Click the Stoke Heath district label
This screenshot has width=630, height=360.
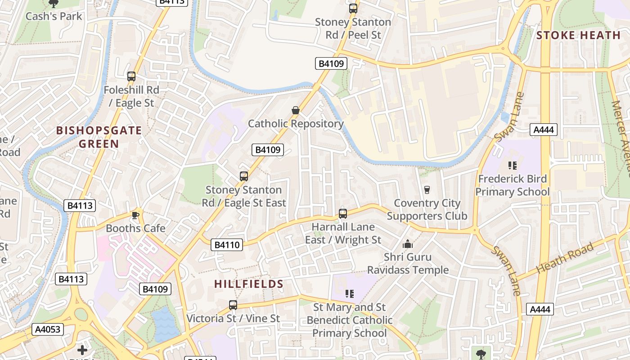578,35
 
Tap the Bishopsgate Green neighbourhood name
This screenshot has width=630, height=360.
99,137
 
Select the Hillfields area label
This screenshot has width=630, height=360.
248,284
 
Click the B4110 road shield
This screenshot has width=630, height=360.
227,245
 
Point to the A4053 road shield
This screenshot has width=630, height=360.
48,329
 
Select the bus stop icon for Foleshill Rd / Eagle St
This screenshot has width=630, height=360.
131,76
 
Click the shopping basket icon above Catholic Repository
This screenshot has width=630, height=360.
296,110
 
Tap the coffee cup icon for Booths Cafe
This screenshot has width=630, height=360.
135,215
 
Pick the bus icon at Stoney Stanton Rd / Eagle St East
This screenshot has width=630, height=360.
244,176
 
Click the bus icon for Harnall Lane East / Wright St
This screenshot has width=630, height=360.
343,213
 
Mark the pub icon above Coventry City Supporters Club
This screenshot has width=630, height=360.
427,190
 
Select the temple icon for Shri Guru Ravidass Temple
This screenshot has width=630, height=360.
408,244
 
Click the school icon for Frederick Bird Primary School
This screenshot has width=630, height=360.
512,166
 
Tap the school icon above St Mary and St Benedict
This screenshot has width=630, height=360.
350,294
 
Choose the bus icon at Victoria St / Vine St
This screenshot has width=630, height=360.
233,305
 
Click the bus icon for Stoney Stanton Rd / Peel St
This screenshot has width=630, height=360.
353,9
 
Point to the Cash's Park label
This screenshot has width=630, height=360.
54,16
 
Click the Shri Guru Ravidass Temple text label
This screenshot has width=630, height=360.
408,264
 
